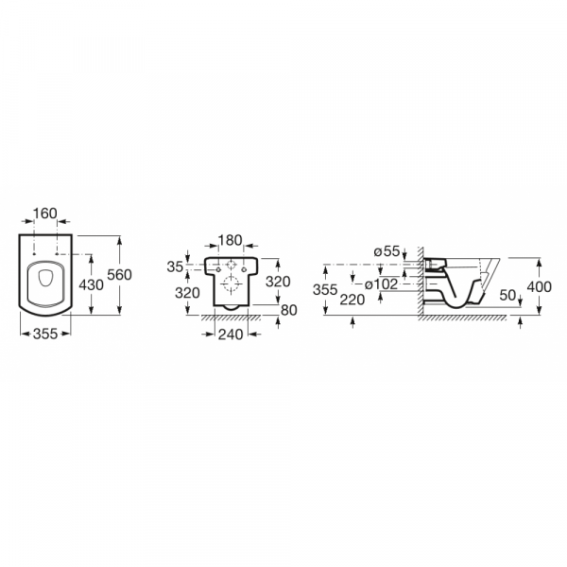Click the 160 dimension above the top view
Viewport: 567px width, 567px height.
coord(44,214)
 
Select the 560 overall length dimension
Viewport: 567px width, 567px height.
coord(119,275)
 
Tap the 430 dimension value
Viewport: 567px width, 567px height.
coord(91,285)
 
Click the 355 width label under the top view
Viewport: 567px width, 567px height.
coord(45,334)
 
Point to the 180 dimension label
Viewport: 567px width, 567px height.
coord(231,240)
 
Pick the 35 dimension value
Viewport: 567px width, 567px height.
coord(175,266)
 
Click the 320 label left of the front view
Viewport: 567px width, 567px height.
coord(187,293)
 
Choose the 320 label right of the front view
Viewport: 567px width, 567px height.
coord(278,282)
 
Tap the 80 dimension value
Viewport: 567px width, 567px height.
coord(289,310)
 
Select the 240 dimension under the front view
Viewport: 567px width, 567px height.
coord(231,335)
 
